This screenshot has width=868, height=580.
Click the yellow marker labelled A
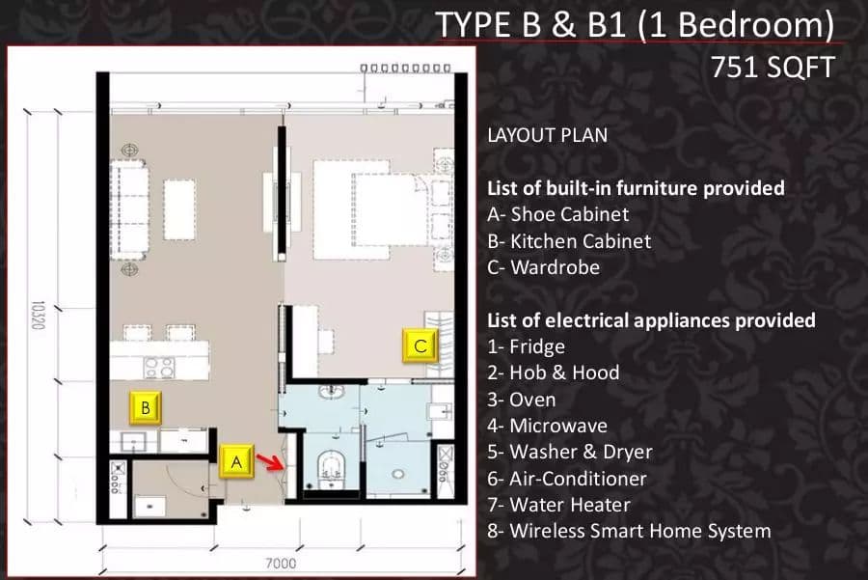236,460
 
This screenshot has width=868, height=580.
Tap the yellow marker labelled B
145,407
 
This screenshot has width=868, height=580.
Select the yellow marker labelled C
420,345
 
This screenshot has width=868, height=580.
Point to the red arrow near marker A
270,462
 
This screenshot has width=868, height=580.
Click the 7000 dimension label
281,564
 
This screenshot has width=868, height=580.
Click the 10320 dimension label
37,316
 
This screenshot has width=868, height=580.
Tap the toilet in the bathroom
331,469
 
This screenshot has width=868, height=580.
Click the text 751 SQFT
773,68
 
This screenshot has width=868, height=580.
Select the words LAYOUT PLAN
548,135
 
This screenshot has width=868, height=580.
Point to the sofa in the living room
129,210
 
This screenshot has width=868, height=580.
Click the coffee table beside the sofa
179,209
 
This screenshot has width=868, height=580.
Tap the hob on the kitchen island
159,368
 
